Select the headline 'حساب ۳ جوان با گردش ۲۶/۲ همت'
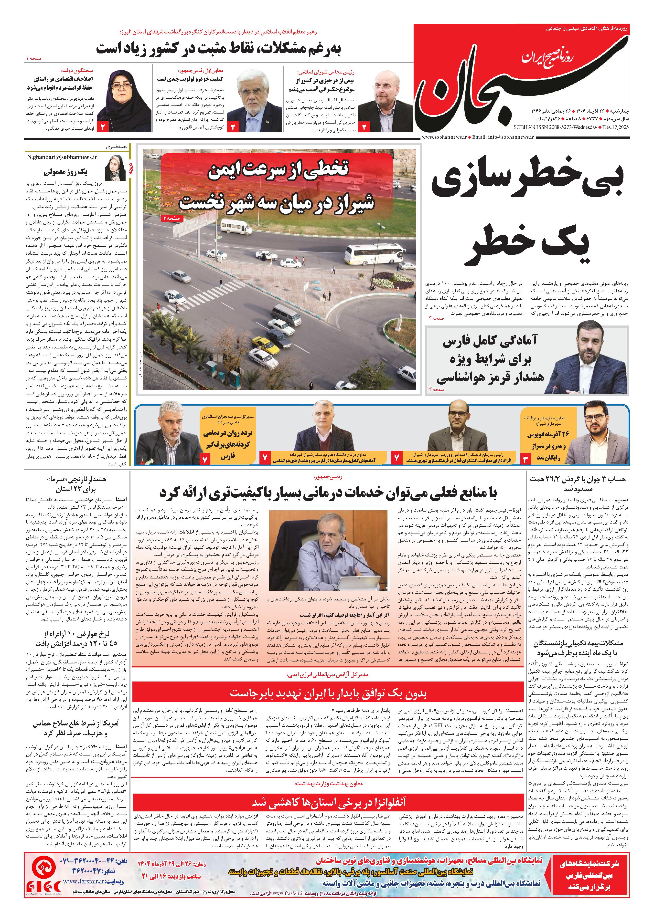[x=578, y=483]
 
